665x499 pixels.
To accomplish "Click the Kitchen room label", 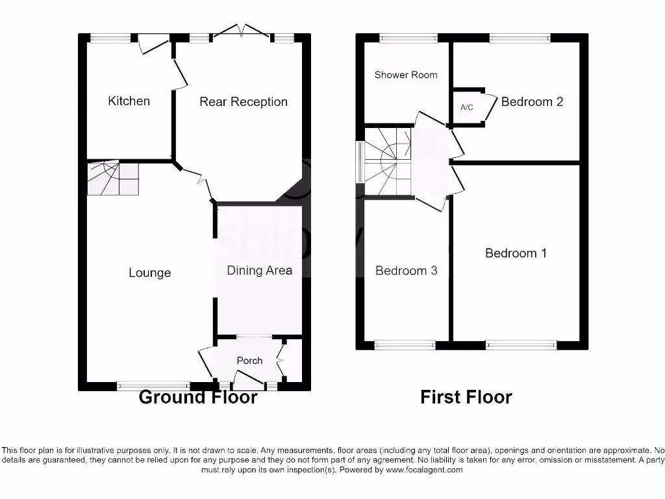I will [x=129, y=101].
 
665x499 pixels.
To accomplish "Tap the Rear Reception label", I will [x=243, y=101].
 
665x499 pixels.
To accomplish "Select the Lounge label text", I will [x=149, y=273].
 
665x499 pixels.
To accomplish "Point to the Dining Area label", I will [x=259, y=270].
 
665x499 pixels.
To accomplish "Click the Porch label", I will [x=249, y=361].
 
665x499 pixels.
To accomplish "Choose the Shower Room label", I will [x=406, y=75].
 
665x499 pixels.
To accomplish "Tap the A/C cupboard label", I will [x=466, y=107].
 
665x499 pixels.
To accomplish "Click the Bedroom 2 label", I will [x=532, y=101].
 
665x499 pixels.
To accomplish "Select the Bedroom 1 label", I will [x=516, y=253].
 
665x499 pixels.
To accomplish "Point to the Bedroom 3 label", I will [x=406, y=270].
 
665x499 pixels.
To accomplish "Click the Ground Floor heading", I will [x=198, y=397].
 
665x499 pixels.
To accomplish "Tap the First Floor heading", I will [x=466, y=397].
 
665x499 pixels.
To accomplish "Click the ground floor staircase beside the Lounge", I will [x=113, y=179].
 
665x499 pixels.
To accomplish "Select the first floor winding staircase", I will [x=388, y=162].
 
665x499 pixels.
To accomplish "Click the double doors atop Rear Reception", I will [x=242, y=31].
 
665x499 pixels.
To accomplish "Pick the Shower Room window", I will [x=404, y=38].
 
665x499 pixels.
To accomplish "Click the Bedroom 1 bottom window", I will [x=521, y=345].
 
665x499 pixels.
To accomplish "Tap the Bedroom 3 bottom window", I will [x=405, y=345].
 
